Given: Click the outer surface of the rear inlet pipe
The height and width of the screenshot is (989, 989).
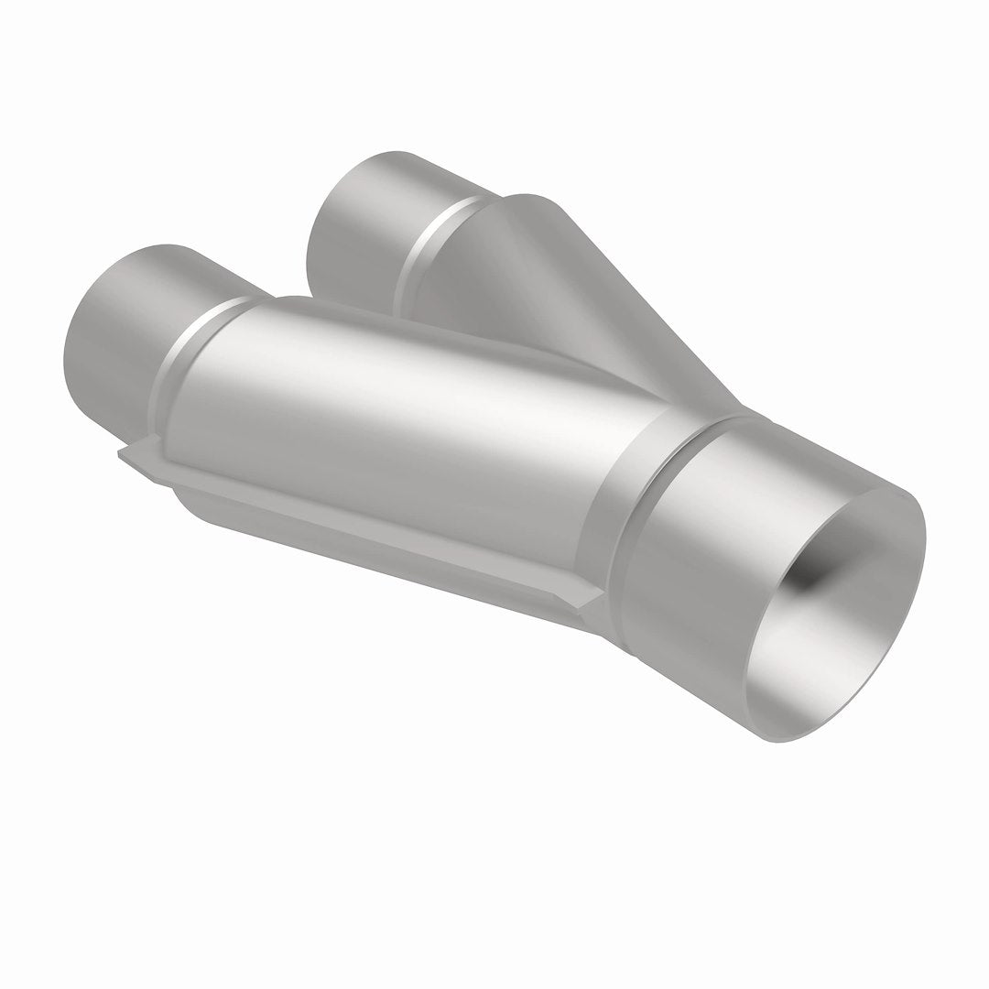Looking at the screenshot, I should pos(385,192).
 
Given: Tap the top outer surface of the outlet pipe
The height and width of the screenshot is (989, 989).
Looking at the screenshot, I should pos(788,449).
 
